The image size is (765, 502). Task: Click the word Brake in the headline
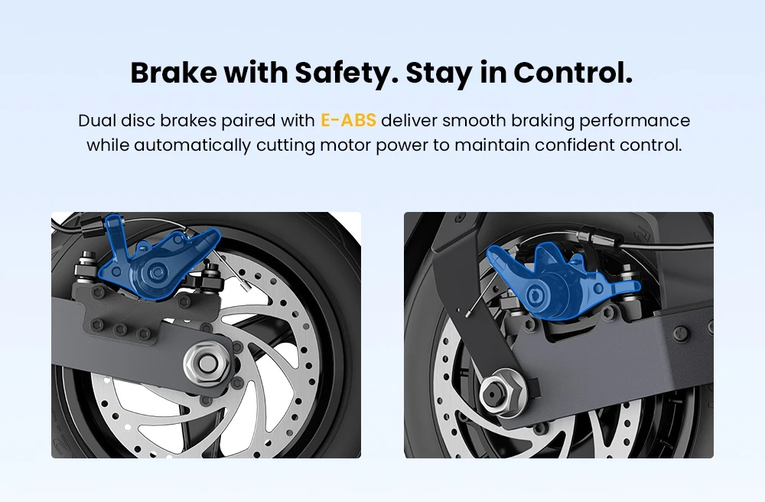pos(174,73)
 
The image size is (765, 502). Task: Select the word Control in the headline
pos(573,73)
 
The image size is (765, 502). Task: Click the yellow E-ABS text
pos(348,120)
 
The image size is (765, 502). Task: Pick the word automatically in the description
pos(193,145)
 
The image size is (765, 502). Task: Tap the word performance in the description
pos(635,121)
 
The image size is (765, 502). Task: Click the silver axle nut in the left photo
pos(208,362)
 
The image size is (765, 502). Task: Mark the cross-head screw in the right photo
pos(682,334)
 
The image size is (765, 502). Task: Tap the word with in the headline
pos(256,73)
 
